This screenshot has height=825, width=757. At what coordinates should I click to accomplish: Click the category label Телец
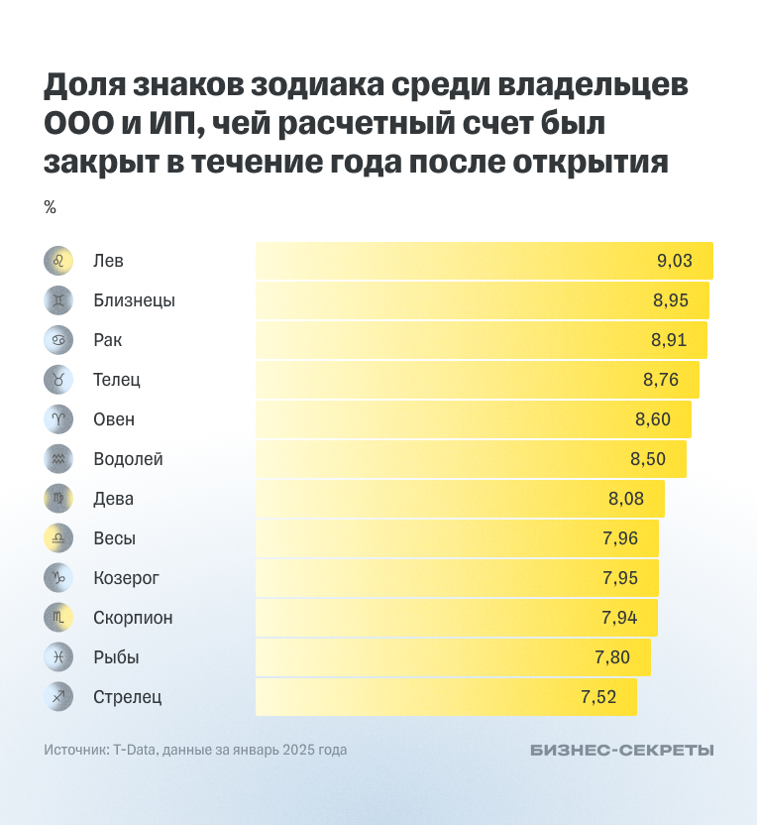pos(117,380)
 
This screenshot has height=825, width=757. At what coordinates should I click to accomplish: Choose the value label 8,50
pos(648,459)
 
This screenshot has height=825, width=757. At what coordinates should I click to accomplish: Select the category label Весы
pos(114,538)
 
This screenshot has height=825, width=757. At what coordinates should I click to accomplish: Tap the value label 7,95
pos(620,578)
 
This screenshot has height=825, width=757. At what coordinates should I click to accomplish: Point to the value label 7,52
pos(598,697)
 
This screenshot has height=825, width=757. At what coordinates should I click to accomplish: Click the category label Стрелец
pos(127,697)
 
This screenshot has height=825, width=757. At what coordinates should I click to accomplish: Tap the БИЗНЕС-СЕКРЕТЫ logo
pos(621,751)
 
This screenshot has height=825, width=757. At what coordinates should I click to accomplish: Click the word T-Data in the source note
pos(134,751)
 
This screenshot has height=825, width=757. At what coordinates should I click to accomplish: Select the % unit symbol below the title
pos(50,207)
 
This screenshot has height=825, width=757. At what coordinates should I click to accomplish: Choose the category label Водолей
pos(128,459)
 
